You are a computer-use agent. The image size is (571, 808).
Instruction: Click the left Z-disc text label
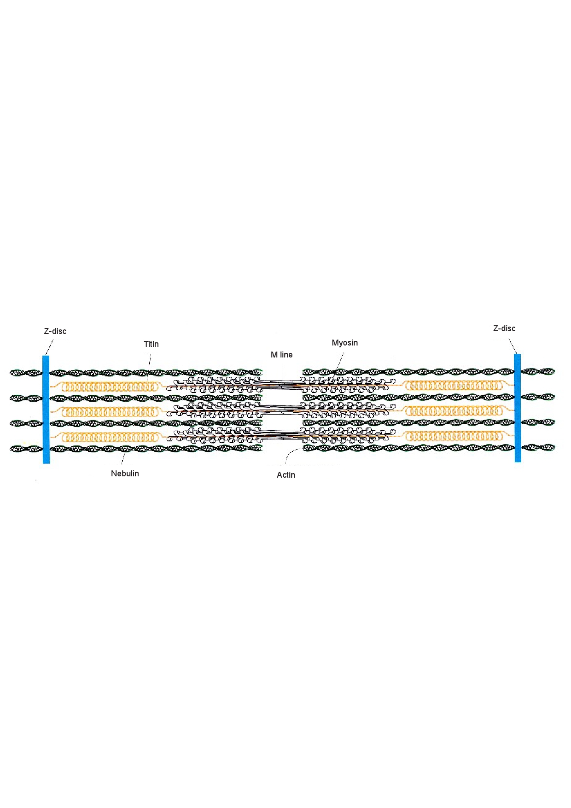coord(55,331)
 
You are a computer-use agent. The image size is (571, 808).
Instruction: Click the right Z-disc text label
coord(504,328)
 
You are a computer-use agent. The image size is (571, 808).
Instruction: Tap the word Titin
coord(151,344)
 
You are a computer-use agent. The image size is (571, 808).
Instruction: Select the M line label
coord(281,355)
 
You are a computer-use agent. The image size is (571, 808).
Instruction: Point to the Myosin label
coord(345,343)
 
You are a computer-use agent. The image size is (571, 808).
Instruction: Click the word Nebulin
coord(125,474)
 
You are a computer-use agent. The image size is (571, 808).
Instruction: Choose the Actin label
coord(286,475)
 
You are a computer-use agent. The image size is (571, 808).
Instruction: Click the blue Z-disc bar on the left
coord(46,409)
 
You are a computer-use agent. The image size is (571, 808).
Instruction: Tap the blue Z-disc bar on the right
coord(518,408)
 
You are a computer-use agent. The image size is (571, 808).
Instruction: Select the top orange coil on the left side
coord(110,386)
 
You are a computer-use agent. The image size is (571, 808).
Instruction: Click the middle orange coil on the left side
coord(110,411)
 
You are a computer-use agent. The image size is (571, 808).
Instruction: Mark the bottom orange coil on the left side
coord(110,437)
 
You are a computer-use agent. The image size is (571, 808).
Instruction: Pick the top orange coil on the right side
coord(454,385)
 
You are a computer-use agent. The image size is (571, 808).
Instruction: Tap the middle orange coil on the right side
coord(454,410)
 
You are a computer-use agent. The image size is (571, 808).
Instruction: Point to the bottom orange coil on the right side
coord(454,435)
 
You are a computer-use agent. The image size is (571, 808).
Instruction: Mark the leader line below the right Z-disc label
coord(512,346)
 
